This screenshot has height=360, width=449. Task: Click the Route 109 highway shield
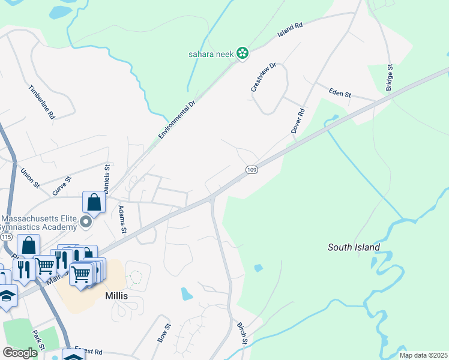[252, 170]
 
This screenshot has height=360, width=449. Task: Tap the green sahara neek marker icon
[243, 54]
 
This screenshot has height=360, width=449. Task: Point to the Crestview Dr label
[262, 77]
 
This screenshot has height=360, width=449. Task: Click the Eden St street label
[340, 93]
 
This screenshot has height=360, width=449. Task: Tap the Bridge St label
[389, 78]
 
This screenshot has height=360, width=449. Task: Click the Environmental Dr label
[177, 120]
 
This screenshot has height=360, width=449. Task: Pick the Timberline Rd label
[41, 101]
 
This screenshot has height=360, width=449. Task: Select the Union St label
[29, 178]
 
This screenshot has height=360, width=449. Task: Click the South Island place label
[354, 247]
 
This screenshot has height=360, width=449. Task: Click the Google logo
[19, 352]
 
